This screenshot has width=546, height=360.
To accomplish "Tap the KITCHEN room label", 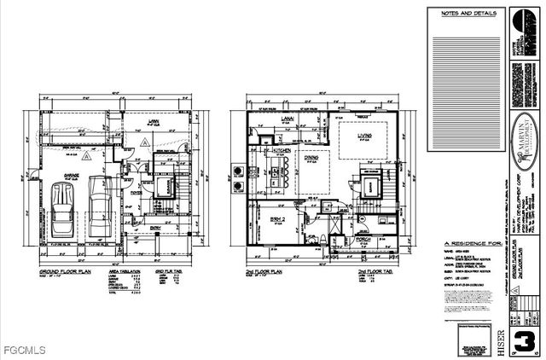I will click(281, 151).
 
